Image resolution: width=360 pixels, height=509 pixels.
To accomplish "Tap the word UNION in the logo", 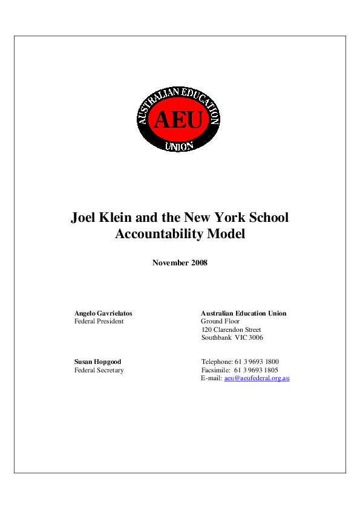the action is [x=179, y=146].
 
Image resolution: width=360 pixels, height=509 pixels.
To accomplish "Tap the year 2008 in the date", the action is [x=197, y=262].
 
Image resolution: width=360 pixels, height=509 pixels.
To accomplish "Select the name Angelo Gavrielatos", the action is [x=103, y=313].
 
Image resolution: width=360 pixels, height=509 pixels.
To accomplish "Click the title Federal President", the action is [x=99, y=322].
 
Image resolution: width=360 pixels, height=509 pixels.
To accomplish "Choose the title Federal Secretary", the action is [x=99, y=370].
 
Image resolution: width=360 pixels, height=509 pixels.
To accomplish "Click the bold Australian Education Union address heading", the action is [x=243, y=313].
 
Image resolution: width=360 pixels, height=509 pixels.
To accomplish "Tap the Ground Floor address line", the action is [x=220, y=322].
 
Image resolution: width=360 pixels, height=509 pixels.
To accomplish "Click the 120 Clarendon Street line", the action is [x=231, y=330].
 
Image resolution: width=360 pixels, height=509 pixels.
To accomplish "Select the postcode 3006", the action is [x=255, y=338].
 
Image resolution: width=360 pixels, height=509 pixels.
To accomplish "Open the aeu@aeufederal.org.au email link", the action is [x=257, y=378].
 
